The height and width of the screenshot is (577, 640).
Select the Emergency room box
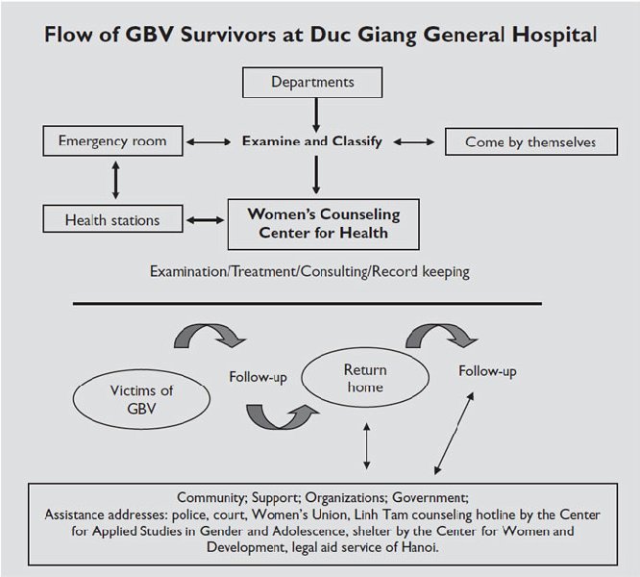tap(112, 141)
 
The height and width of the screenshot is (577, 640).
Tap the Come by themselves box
tap(529, 142)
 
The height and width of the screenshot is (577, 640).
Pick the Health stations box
tap(112, 220)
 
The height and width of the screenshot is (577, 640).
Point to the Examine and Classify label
tap(311, 141)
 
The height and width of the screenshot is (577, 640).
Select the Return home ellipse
tap(364, 378)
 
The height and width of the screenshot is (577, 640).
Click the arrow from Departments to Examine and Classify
tap(315, 113)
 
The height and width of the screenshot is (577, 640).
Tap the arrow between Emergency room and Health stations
tap(116, 181)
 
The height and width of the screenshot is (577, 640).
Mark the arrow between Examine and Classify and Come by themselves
tap(414, 142)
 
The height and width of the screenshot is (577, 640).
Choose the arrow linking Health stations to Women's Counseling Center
tap(205, 220)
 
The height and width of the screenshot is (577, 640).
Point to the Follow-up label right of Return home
tap(486, 371)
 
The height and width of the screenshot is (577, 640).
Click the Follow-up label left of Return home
tap(258, 376)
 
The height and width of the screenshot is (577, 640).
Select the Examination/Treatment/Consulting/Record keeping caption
tap(309, 271)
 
